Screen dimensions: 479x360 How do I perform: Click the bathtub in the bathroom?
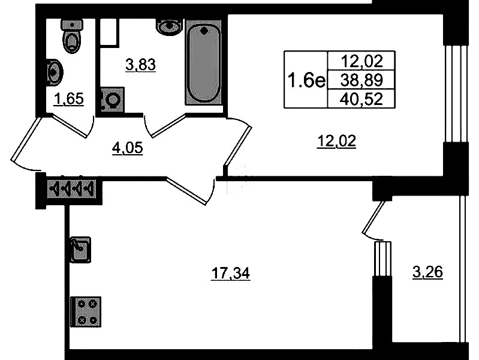203,63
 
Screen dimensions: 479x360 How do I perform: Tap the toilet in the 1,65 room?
72,36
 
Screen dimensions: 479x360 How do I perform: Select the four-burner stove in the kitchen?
86,311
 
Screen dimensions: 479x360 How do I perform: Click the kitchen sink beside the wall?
81,250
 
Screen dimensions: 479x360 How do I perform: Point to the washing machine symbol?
112,100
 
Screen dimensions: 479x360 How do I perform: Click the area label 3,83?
140,65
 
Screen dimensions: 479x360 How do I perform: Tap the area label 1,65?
69,99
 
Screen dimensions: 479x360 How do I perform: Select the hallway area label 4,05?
127,148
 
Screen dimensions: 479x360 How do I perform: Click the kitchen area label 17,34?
231,273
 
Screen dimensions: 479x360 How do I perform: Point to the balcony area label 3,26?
427,272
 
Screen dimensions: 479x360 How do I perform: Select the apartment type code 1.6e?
306,80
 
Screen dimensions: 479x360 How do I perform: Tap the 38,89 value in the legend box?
361,80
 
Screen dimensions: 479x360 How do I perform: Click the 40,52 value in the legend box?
361,99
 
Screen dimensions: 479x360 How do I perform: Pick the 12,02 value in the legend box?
361,61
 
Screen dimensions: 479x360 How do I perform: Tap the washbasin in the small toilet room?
55,73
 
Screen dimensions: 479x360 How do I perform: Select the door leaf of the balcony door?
373,217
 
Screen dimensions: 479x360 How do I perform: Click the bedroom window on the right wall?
456,93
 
